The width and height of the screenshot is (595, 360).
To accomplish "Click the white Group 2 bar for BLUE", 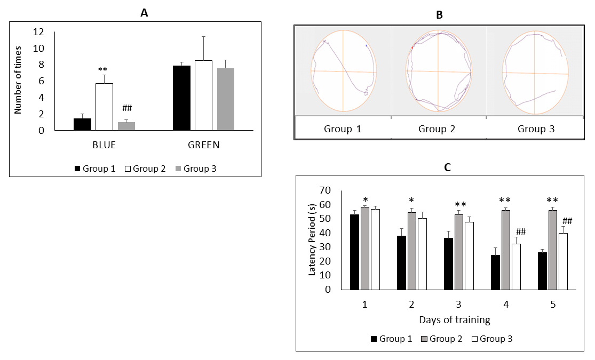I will [104, 107].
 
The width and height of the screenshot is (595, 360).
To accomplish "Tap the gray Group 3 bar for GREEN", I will [226, 99].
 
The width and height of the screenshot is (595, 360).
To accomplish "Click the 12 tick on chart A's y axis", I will [38, 32].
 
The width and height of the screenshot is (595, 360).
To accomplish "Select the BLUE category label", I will [104, 145].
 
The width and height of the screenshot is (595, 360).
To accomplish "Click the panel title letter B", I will [439, 15].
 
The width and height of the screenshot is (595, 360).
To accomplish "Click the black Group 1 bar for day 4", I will [495, 272].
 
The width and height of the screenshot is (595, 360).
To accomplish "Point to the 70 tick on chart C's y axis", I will [325, 190].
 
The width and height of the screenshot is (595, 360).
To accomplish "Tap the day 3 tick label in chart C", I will [459, 305].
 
